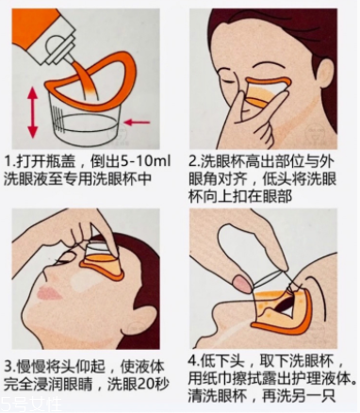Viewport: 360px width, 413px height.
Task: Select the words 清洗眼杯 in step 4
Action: point(218,398)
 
